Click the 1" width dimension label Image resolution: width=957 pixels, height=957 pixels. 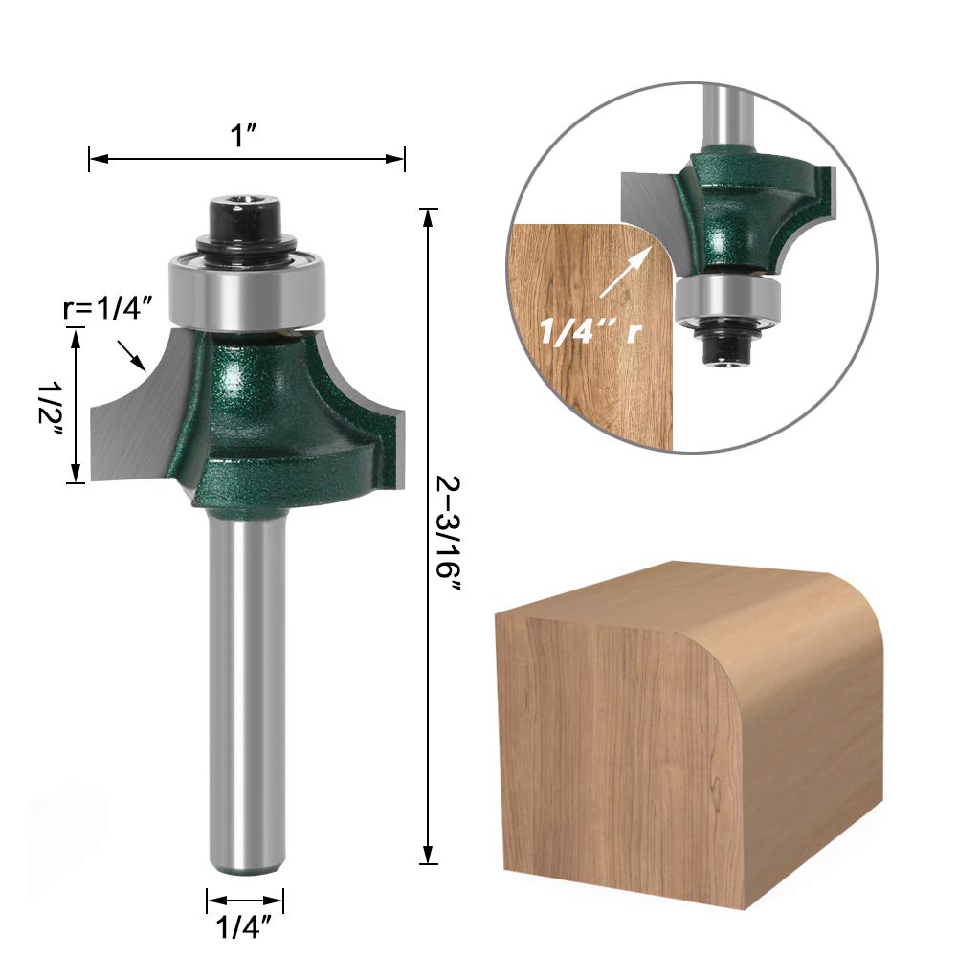pyautogui.click(x=243, y=136)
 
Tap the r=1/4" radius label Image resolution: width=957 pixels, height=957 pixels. pyautogui.click(x=107, y=309)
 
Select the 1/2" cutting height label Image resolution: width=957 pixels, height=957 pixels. pyautogui.click(x=50, y=409)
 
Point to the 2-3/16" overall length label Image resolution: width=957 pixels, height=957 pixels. pyautogui.click(x=449, y=533)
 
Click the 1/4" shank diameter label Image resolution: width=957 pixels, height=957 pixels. pyautogui.click(x=245, y=927)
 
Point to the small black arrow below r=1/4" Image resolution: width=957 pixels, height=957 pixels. pyautogui.click(x=131, y=356)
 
